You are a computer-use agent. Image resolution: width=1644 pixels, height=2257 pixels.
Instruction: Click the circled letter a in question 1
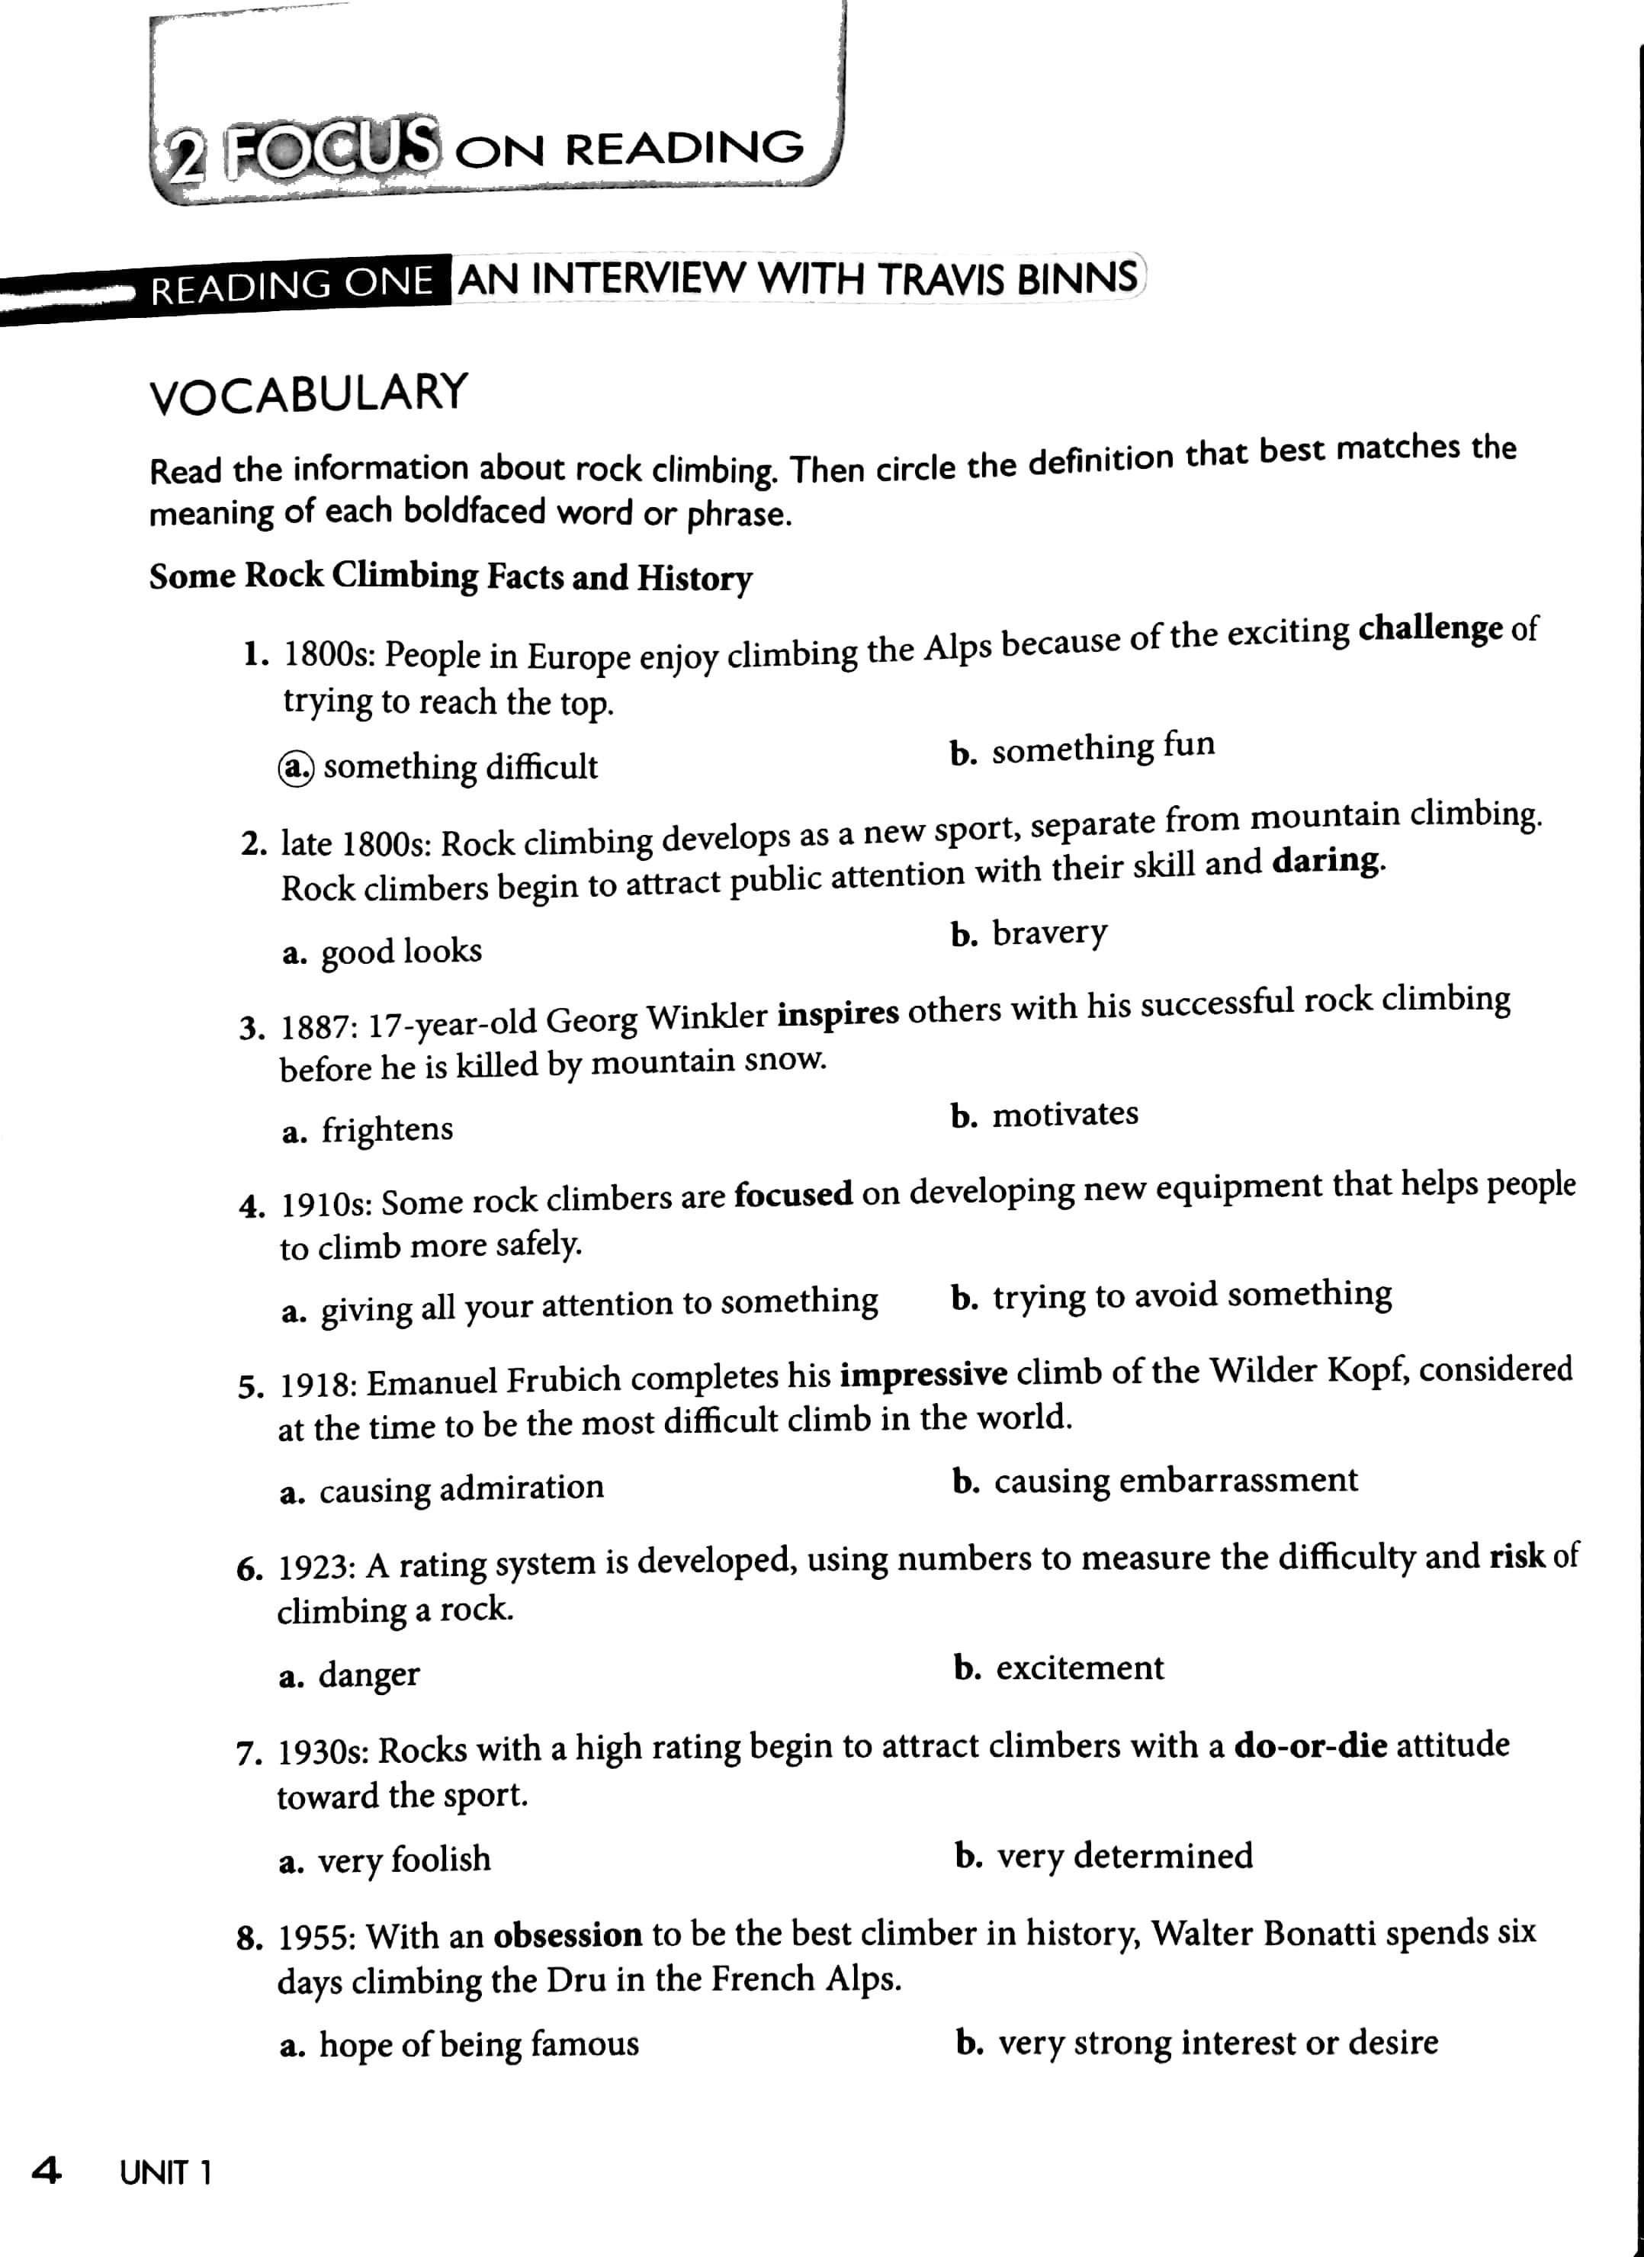pyautogui.click(x=296, y=767)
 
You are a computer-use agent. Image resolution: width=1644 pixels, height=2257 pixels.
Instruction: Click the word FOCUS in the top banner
pyautogui.click(x=330, y=149)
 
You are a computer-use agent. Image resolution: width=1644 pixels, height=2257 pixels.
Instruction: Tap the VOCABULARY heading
pyautogui.click(x=309, y=393)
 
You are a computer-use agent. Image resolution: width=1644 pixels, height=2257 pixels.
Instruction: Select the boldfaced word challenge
pyautogui.click(x=1430, y=630)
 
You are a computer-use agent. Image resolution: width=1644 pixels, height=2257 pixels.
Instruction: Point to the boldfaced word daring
pyautogui.click(x=1327, y=860)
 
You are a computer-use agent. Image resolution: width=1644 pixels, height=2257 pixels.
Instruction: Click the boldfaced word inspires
pyautogui.click(x=838, y=1013)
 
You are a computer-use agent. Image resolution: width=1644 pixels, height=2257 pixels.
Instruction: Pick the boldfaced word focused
pyautogui.click(x=793, y=1193)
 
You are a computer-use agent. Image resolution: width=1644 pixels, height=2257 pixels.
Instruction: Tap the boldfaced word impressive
pyautogui.click(x=923, y=1374)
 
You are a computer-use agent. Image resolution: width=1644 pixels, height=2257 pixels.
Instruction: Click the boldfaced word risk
pyautogui.click(x=1517, y=1555)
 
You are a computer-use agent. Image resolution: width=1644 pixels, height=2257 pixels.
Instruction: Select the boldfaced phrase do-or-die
pyautogui.click(x=1311, y=1745)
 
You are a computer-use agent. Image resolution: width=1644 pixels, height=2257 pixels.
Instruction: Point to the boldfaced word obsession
pyautogui.click(x=567, y=1934)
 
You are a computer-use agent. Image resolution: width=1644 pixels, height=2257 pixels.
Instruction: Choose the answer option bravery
pyautogui.click(x=1049, y=933)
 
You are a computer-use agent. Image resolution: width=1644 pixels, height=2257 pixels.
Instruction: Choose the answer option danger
pyautogui.click(x=368, y=1674)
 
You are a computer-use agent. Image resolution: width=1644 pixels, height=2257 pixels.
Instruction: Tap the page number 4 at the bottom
pyautogui.click(x=46, y=2170)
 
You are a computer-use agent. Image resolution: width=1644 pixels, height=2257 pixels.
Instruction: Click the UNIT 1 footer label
pyautogui.click(x=166, y=2172)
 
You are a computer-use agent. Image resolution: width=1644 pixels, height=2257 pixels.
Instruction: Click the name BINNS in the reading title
pyautogui.click(x=1077, y=278)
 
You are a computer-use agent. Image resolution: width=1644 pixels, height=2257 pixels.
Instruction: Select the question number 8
pyautogui.click(x=249, y=1938)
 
